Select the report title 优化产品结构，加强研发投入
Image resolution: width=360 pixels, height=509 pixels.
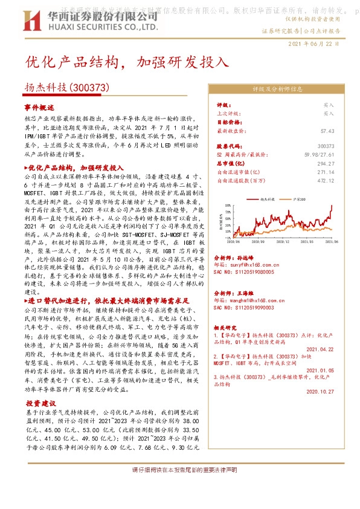point(127,63)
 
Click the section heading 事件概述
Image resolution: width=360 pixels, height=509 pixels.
point(39,106)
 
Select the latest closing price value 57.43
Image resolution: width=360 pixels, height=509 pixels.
point(327,130)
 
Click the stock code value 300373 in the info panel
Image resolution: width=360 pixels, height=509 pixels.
point(326,146)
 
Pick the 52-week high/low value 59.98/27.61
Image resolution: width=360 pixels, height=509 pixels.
point(317,155)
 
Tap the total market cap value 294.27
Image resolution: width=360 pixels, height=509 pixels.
point(326,163)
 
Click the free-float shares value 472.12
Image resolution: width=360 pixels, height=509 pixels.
point(326,180)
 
